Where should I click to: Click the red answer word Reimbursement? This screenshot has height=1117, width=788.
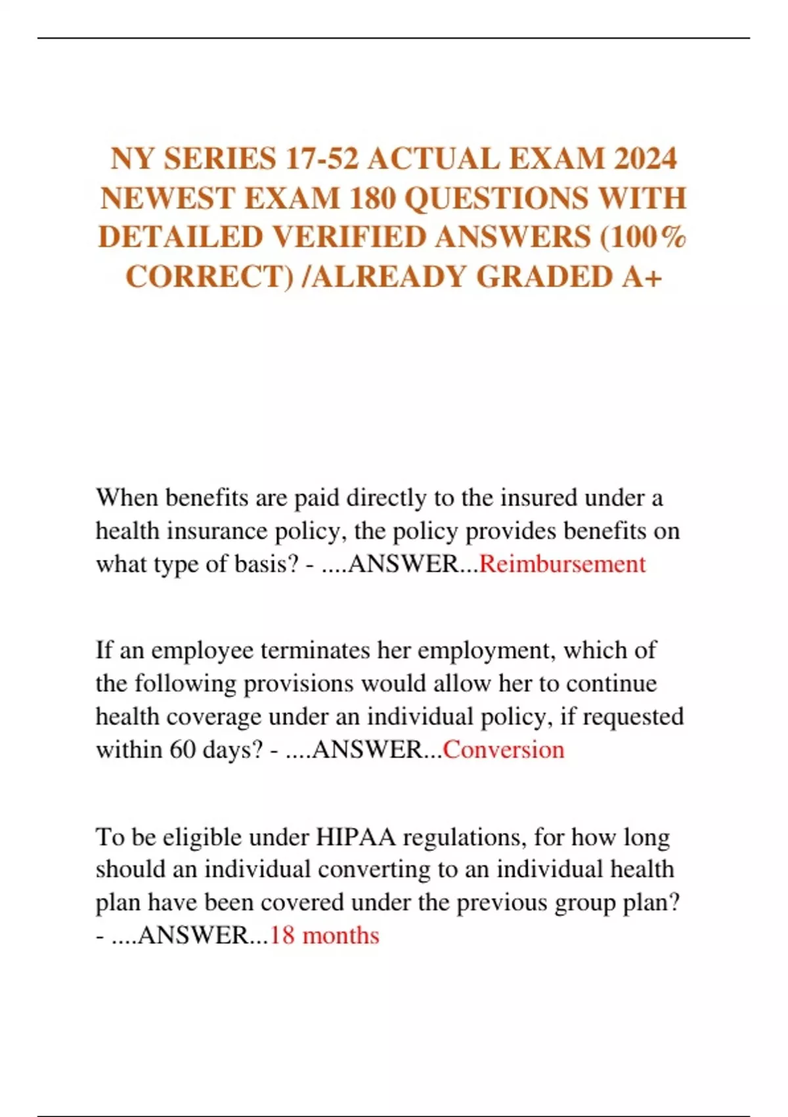click(x=563, y=564)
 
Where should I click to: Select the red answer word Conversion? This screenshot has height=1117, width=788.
click(x=504, y=750)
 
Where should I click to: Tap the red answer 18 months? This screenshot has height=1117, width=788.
click(x=324, y=936)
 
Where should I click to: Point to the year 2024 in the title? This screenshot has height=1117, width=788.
click(x=646, y=159)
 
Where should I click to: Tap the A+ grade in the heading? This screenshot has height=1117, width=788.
click(x=640, y=277)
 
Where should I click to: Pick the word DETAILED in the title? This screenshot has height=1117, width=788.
click(x=180, y=237)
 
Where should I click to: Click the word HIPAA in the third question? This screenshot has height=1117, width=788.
click(x=356, y=838)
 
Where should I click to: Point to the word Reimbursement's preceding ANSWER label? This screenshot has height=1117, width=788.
click(x=404, y=564)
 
